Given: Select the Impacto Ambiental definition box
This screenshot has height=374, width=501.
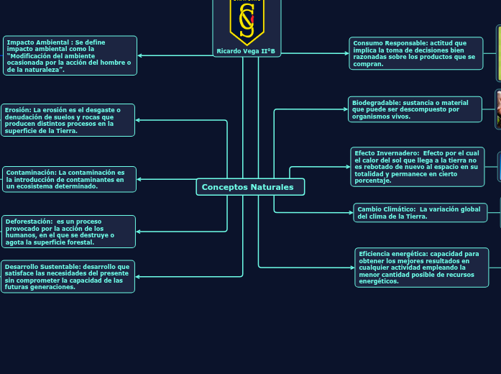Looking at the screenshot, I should pos(70,55).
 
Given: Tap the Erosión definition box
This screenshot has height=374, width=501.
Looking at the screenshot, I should pos(68,120).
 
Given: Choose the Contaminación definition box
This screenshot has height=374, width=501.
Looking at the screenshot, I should pos(69,179).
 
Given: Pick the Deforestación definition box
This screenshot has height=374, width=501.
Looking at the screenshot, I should pos(68,232).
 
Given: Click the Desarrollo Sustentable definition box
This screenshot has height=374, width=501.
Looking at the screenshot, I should pos(68,276).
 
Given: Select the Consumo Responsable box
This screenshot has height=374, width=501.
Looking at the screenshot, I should pos(415,54).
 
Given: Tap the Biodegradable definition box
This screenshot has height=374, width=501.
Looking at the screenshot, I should pos(415,109).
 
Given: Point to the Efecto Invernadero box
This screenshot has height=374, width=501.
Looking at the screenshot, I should pos(417,166).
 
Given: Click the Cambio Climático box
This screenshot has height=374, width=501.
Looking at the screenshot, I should pos(420,213).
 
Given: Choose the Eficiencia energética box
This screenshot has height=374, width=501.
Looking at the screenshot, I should pos(421,267).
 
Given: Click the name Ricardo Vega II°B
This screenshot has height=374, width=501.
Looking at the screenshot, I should pos(247,51).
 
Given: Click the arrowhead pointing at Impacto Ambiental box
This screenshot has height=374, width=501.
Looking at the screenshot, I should pos(139,55).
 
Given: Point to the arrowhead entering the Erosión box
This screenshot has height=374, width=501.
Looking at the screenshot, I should pos(138,120).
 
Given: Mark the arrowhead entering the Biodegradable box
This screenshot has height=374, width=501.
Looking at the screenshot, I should pos(346,109).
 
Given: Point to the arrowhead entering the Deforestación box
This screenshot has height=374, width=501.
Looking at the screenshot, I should pos(138,232).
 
